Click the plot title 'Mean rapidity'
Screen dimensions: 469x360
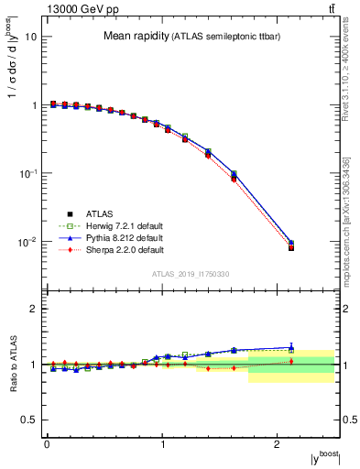pyautogui.click(x=134, y=37)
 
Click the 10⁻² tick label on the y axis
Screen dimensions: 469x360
pyautogui.click(x=30, y=242)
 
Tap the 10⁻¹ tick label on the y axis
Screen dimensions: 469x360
pyautogui.click(x=30, y=173)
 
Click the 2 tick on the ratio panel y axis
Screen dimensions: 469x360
pyautogui.click(x=34, y=310)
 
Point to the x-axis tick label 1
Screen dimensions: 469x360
pyautogui.click(x=162, y=443)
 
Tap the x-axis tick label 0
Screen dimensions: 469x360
pyautogui.click(x=47, y=443)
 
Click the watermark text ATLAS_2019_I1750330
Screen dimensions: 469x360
pyautogui.click(x=191, y=274)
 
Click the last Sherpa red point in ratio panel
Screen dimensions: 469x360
pyautogui.click(x=291, y=361)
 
